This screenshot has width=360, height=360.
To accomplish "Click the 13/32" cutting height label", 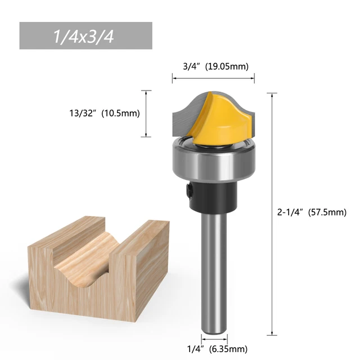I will click(79, 113).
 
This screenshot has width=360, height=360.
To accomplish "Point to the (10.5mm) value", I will click(120, 113).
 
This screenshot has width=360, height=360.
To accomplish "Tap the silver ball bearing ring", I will click(212, 163).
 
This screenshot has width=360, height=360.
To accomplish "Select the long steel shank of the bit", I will click(213, 270).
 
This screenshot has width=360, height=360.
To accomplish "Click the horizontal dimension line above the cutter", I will click(213, 79).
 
